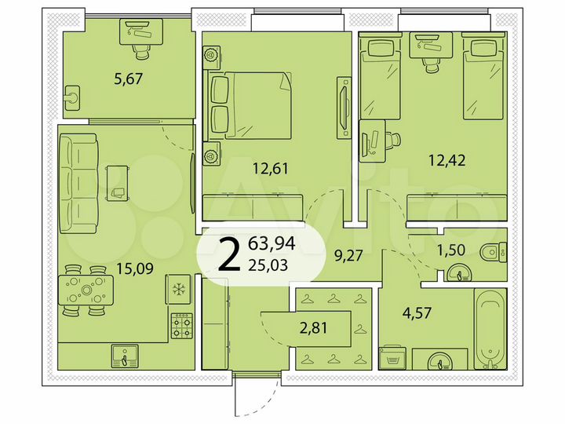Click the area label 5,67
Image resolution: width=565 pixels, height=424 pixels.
coord(129,78)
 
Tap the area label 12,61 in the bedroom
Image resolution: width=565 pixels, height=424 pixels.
coord(269,166)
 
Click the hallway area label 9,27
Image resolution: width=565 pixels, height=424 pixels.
coord(349,254)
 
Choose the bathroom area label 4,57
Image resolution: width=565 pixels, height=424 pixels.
coord(416,312)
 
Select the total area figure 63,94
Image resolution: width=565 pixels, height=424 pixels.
coord(267,243)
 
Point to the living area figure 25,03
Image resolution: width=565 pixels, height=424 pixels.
coord(267,264)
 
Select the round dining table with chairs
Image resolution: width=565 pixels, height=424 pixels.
coord(86,291)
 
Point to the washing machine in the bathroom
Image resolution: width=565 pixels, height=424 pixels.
coord(392,358)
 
